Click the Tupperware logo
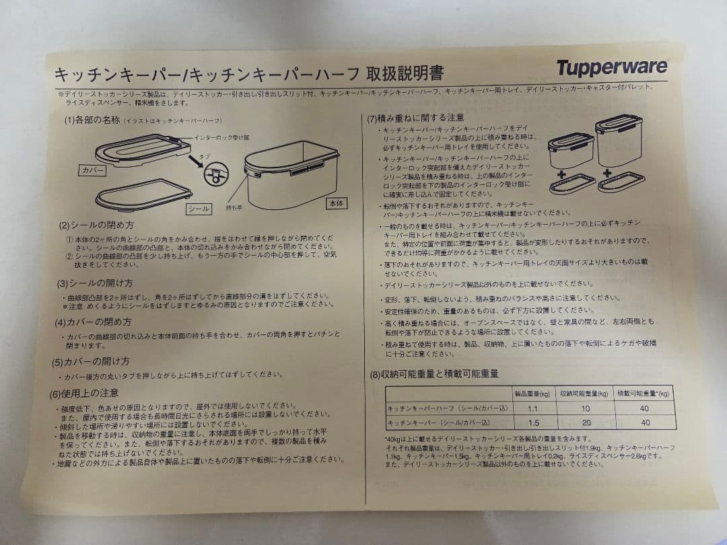(611, 67)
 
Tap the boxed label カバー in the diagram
(92, 171)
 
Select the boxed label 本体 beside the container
(337, 202)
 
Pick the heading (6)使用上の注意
(87, 392)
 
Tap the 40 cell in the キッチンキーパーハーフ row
(645, 408)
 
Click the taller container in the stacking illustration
(618, 141)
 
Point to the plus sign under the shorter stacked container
(560, 173)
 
